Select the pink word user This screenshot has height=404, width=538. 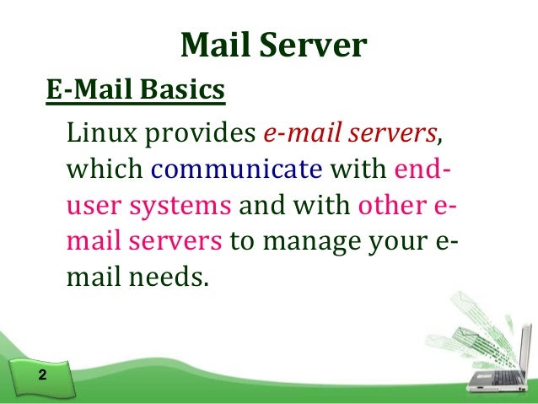click(x=89, y=206)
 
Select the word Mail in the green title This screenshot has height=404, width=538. click(x=215, y=46)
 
